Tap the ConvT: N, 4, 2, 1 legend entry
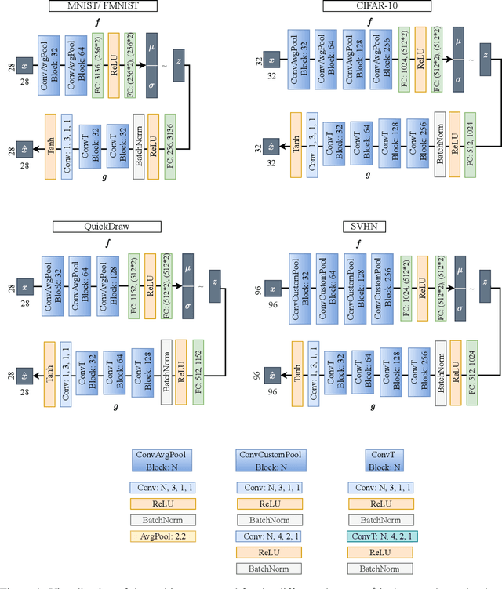coord(381,536)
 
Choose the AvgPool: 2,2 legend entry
coord(162,536)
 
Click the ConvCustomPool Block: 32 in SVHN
coord(297,280)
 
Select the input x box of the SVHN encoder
coord(270,288)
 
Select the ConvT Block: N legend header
coord(381,459)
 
